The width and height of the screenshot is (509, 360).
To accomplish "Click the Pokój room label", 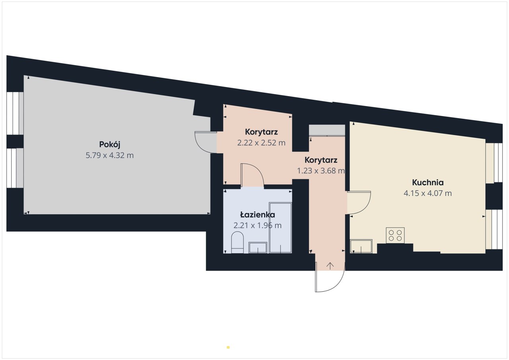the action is coord(109,145).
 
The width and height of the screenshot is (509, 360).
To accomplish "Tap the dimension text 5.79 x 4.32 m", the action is coord(109,155).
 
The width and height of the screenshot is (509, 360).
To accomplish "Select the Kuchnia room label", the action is coord(427,182).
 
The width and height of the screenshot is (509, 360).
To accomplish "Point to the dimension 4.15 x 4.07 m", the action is coord(427,194).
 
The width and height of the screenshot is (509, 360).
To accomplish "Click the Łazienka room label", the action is coord(257,215).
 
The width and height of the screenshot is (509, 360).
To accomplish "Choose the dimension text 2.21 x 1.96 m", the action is coord(257,225).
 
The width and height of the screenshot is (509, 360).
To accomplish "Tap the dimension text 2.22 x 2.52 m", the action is coord(261,143).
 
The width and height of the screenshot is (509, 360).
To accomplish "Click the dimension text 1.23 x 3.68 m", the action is coord(321,171).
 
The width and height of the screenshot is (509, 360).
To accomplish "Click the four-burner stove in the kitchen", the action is coord(395,235).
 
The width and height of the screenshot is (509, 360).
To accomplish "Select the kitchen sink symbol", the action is coord(361,246).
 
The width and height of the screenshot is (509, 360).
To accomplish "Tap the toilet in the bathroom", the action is coord(237,242).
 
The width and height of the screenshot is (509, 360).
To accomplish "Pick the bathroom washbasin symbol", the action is coord(258,248).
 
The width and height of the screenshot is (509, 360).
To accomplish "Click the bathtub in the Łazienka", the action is coord(280,228).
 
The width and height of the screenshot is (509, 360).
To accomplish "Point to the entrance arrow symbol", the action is coord(330,266).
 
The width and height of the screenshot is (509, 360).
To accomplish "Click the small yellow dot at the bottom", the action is coord(228,347).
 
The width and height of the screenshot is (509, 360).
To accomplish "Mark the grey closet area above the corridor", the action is coord(327,130).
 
